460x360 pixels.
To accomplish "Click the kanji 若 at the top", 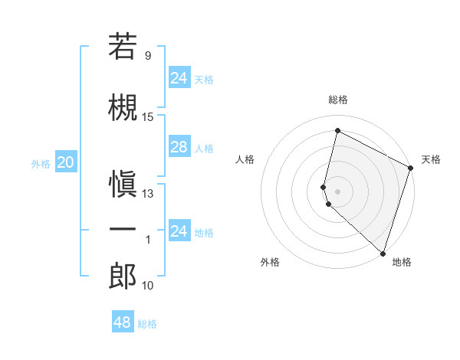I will coord(123,47).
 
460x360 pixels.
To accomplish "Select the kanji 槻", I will coord(123,106).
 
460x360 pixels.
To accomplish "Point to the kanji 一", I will coord(123,229).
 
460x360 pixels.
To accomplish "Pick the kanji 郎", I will coord(123,276).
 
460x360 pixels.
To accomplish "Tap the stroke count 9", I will coord(147,56).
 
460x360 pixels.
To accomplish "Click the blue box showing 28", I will coord(179,147).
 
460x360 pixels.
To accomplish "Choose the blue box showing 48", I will coord(122,322).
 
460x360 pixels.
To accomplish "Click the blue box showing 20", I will coord(66,162).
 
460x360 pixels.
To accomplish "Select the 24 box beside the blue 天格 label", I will coord(179,77).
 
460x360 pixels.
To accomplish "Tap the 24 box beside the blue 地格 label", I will coord(179,231).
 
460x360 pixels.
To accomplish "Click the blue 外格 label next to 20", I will coord(41,164).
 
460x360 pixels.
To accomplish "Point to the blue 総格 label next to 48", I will coord(147,324).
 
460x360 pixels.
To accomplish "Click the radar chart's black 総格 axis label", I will coord(338,100).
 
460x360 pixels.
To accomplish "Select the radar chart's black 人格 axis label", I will coord(245,159).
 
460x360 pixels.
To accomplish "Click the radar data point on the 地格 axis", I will coord(383,254).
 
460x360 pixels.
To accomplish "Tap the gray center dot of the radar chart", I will coord(338,190).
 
